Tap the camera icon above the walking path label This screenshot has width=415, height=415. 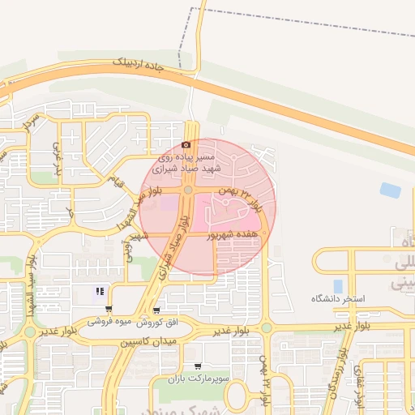tap(186, 143)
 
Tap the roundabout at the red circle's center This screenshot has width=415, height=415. tap(188, 190)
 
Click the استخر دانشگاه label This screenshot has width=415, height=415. tap(338, 299)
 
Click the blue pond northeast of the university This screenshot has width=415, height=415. tap(390, 190)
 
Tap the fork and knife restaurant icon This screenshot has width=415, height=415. tap(100, 292)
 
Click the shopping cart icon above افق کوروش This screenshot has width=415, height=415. tap(156, 310)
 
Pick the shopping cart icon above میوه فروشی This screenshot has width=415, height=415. tap(109, 310)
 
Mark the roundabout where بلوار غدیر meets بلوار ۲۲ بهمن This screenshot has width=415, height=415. tap(266, 327)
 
